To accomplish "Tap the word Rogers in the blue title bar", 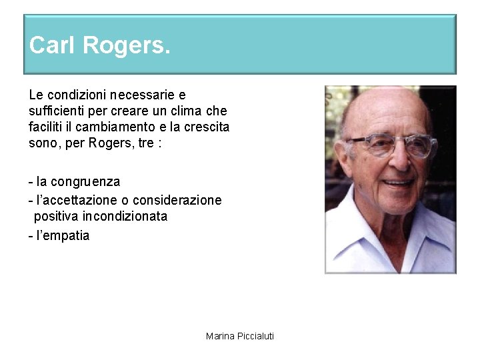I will [x=127, y=45].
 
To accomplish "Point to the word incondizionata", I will [x=126, y=216].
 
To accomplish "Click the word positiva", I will [x=57, y=216].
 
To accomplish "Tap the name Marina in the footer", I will [x=219, y=336].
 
